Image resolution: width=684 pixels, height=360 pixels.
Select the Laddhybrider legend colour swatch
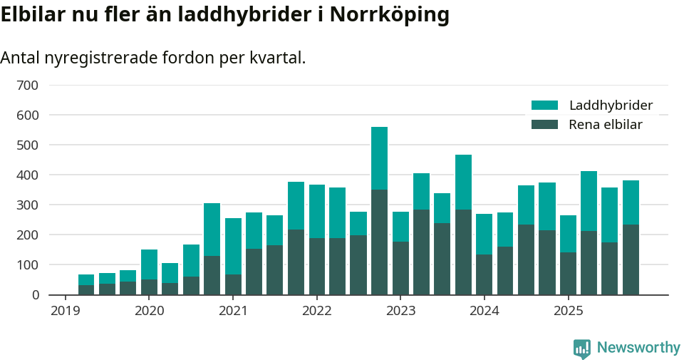545,106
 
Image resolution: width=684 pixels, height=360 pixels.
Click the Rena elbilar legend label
606,125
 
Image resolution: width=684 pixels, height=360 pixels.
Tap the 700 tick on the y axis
28,86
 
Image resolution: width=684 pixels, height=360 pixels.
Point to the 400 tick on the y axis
28,175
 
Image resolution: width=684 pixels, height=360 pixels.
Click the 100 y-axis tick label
28,265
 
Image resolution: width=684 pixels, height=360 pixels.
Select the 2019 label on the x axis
65,311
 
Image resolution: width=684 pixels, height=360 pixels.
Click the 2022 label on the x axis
316,311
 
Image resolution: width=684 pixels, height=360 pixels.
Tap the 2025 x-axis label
568,311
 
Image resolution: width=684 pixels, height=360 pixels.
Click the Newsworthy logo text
638,348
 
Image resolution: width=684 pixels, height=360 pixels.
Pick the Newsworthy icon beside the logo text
581,348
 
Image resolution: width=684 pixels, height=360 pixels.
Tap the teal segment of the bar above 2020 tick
149,264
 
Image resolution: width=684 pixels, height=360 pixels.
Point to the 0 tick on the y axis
33,295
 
